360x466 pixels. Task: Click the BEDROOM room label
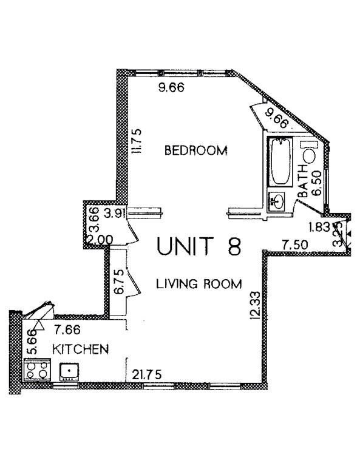pyautogui.click(x=196, y=150)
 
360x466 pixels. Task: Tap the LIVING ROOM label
pyautogui.click(x=199, y=283)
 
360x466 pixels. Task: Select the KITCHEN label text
pyautogui.click(x=80, y=349)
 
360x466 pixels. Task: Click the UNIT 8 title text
pyautogui.click(x=199, y=246)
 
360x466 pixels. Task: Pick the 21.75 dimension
pyautogui.click(x=147, y=374)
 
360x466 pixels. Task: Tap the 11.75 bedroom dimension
pyautogui.click(x=137, y=140)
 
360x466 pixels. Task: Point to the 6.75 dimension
pyautogui.click(x=120, y=282)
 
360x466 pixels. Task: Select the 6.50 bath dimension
pyautogui.click(x=315, y=182)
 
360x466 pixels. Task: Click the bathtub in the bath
pyautogui.click(x=280, y=163)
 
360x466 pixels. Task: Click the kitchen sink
pyautogui.click(x=70, y=370)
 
